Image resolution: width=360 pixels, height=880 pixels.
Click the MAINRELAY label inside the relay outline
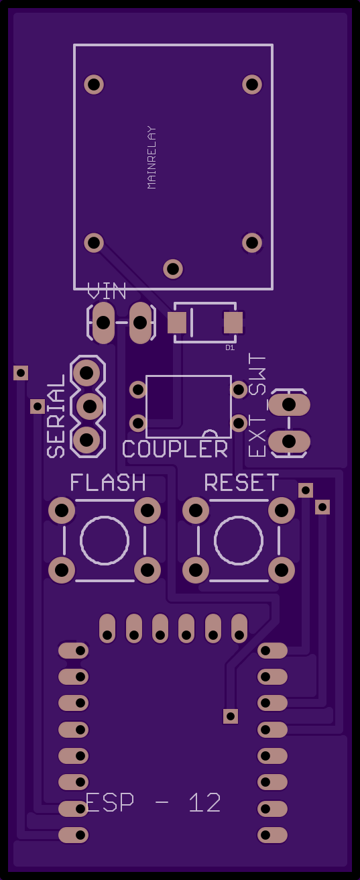tap(152, 158)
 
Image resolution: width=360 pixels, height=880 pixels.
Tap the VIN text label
tap(107, 291)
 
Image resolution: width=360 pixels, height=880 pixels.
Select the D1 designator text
tap(230, 347)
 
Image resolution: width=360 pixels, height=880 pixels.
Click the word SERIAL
tap(56, 416)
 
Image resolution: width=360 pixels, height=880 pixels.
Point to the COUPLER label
tap(175, 449)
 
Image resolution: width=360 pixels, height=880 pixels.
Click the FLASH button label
tap(108, 482)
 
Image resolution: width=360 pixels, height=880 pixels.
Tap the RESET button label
tap(242, 482)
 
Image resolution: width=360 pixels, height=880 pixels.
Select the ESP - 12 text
tap(153, 803)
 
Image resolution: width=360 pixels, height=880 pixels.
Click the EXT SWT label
tap(257, 405)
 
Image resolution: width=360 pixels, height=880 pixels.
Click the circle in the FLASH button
tap(105, 541)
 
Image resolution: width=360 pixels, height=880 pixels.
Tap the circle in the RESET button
tap(238, 541)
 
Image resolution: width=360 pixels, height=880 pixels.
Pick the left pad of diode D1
tap(177, 323)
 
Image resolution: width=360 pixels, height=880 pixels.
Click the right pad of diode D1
tap(233, 323)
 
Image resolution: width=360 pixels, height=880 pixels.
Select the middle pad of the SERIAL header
tap(90, 406)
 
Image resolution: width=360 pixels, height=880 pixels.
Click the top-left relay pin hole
tap(94, 84)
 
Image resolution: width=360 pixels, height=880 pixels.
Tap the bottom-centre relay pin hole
tap(173, 269)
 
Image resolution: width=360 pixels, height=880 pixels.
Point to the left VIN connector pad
tap(103, 323)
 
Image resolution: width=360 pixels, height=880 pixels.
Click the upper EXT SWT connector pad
tap(289, 404)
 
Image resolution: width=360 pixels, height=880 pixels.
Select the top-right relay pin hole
tap(252, 84)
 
